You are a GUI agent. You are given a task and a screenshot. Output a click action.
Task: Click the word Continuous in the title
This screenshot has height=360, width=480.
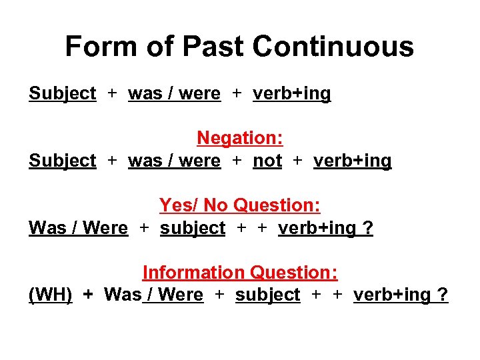pyautogui.click(x=333, y=47)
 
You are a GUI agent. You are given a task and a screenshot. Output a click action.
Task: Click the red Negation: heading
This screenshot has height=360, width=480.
pyautogui.click(x=240, y=138)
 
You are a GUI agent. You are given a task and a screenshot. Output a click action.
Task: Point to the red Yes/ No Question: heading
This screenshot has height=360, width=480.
pyautogui.click(x=240, y=205)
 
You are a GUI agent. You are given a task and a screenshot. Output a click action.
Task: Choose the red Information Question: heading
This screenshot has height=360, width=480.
pyautogui.click(x=240, y=272)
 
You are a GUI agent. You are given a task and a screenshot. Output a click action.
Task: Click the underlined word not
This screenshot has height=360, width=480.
pyautogui.click(x=267, y=161)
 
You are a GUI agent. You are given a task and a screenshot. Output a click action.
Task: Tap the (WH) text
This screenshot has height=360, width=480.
pyautogui.click(x=51, y=295)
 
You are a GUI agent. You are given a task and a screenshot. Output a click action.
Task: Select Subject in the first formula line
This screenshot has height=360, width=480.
pyautogui.click(x=63, y=94)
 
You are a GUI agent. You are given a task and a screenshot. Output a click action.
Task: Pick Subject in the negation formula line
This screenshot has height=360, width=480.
pyautogui.click(x=63, y=161)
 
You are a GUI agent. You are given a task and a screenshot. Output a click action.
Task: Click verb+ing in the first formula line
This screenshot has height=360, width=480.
pyautogui.click(x=291, y=94)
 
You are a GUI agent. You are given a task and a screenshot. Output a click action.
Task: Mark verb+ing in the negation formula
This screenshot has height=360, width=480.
pyautogui.click(x=352, y=161)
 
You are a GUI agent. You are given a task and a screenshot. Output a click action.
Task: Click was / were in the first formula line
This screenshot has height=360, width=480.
pyautogui.click(x=174, y=94)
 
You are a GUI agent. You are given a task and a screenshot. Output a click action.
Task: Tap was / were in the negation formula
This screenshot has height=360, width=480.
pyautogui.click(x=174, y=161)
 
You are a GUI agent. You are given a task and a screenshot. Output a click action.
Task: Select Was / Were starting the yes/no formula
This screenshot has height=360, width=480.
pyautogui.click(x=78, y=228)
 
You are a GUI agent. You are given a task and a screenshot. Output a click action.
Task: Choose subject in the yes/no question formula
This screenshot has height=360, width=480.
pyautogui.click(x=193, y=228)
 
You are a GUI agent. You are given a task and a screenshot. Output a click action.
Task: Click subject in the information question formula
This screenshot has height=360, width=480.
pyautogui.click(x=268, y=295)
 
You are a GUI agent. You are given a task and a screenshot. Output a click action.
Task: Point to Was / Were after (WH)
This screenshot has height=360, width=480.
pyautogui.click(x=154, y=295)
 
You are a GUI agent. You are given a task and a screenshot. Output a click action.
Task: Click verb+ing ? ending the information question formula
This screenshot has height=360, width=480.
pyautogui.click(x=401, y=295)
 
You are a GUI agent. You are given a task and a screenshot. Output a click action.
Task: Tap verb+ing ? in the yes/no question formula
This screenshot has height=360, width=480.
pyautogui.click(x=326, y=228)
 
